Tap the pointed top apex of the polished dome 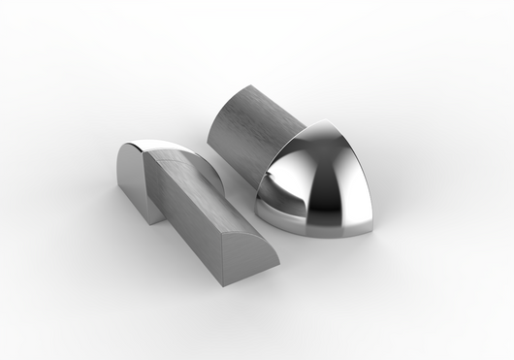click(x=321, y=123)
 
